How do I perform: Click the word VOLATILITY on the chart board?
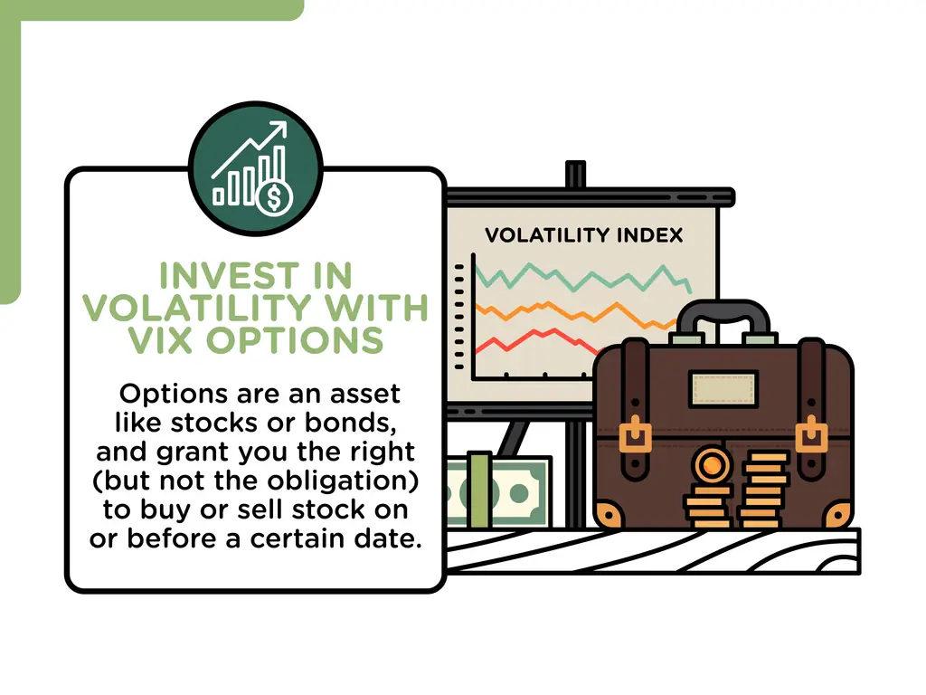coord(541,236)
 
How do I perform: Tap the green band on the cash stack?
coord(479,490)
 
